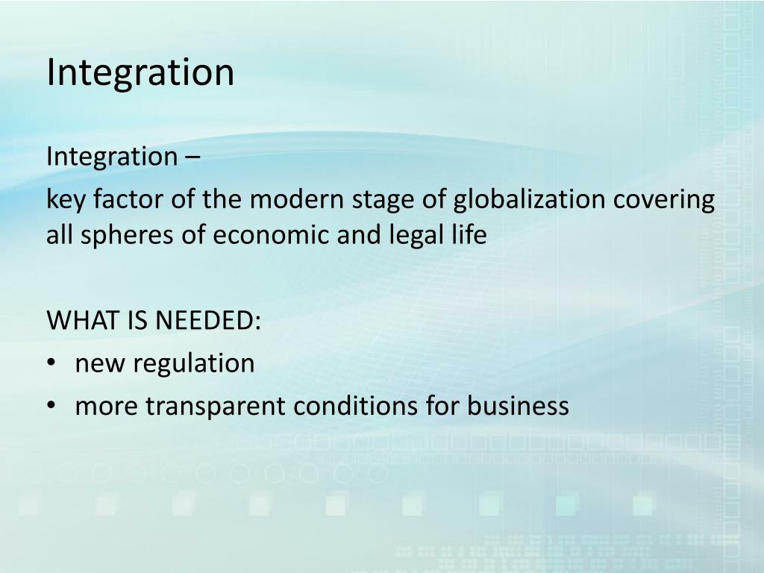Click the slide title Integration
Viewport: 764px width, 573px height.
[x=140, y=73]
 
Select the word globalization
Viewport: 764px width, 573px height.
[x=531, y=200]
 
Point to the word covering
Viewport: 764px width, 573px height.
[x=665, y=200]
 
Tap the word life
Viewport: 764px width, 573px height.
[x=469, y=236]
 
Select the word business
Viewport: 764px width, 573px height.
[x=519, y=407]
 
